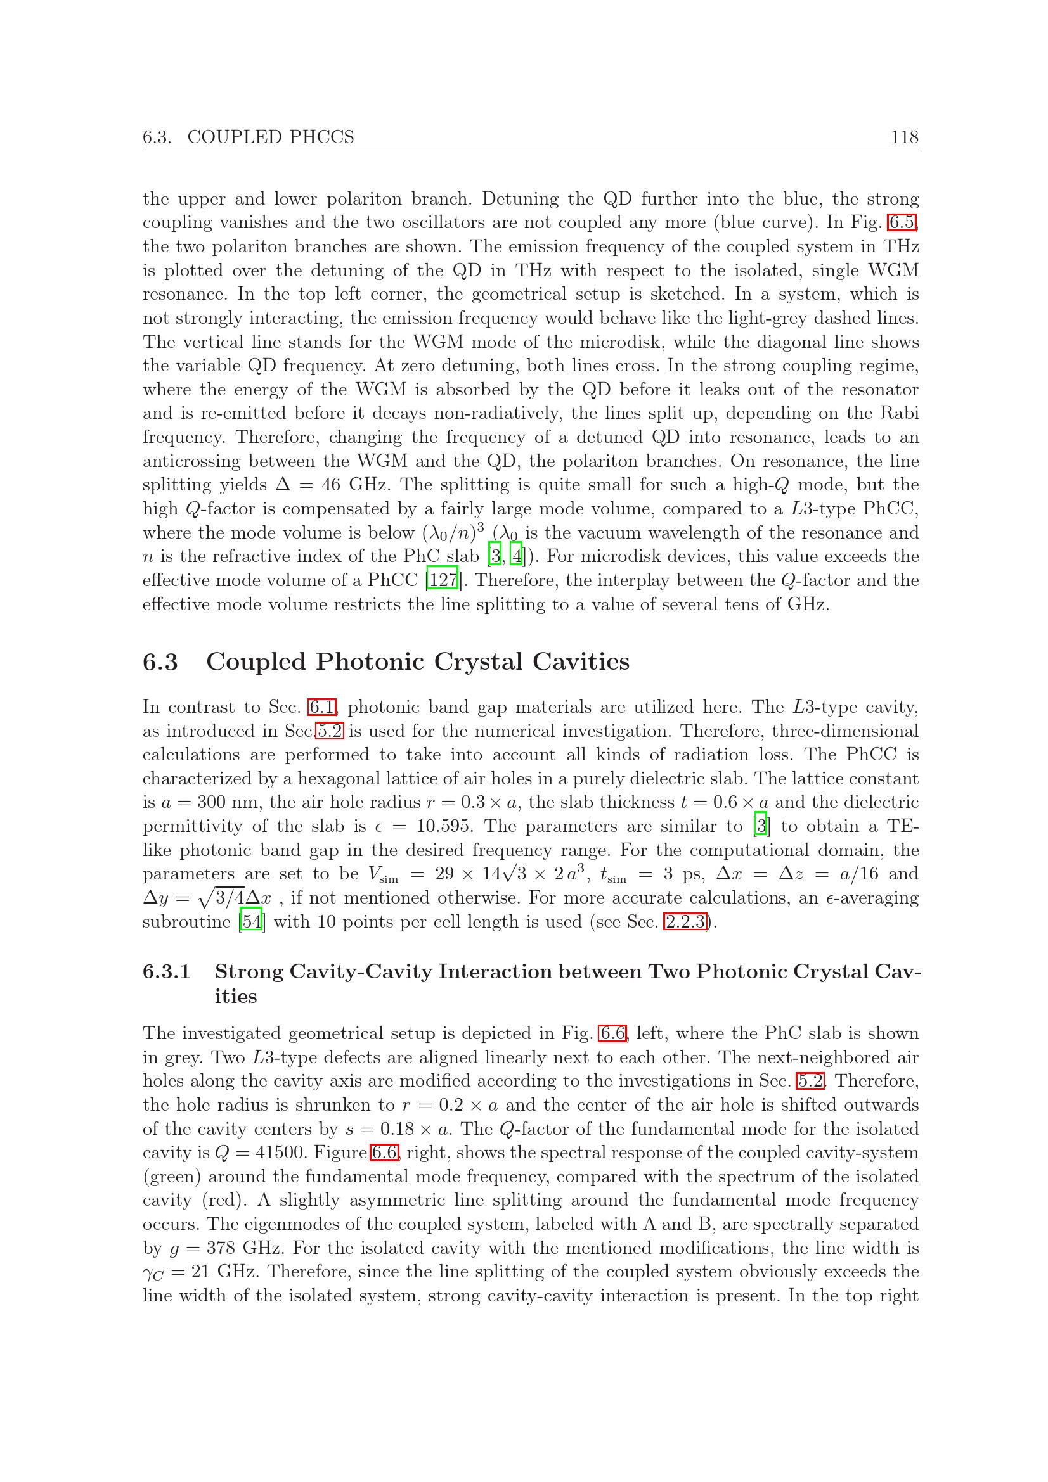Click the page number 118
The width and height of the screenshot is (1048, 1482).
coord(904,137)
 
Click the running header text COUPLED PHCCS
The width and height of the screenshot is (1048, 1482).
coord(271,137)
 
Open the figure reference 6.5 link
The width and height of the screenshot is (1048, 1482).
coord(902,222)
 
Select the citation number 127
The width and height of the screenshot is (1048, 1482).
coord(443,580)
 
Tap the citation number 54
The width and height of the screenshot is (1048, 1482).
coord(251,921)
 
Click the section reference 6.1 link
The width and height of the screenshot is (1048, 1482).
coord(321,707)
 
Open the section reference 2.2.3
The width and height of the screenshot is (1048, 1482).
coord(685,921)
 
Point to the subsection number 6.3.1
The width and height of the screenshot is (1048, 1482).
coord(167,971)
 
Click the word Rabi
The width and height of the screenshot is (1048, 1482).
coord(900,413)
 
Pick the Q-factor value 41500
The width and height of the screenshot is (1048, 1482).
coord(265,1153)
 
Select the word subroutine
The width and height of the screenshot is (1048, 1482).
coord(186,921)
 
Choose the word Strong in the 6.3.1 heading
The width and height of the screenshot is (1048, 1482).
coord(249,971)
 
